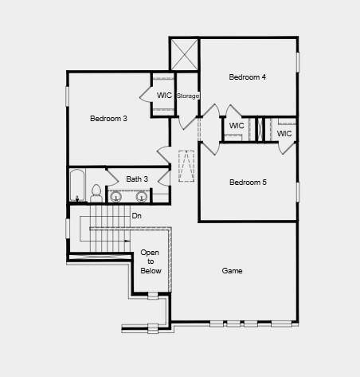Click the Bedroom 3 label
(108, 119)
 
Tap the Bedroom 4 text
(248, 77)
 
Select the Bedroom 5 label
(248, 183)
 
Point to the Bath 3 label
(137, 179)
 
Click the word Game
(233, 271)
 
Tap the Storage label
(188, 96)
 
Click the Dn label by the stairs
(137, 216)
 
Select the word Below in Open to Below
(150, 271)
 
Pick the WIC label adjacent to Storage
(164, 96)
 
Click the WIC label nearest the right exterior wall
(284, 134)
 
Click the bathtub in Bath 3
(77, 186)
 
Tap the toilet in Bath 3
(96, 194)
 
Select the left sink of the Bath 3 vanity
(116, 196)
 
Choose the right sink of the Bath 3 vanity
(142, 196)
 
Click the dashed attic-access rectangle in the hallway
(186, 165)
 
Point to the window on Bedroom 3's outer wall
(67, 95)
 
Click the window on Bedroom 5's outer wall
(298, 192)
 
